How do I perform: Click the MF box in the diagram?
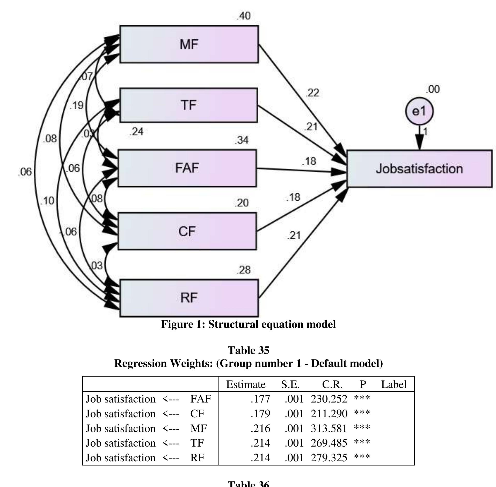(x=189, y=44)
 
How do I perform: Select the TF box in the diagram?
(x=188, y=105)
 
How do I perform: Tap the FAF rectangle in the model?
(x=187, y=168)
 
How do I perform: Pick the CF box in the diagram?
(x=187, y=231)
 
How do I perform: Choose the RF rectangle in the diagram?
(x=189, y=298)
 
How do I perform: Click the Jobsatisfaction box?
(x=419, y=169)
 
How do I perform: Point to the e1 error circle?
(x=419, y=111)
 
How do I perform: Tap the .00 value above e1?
(x=433, y=89)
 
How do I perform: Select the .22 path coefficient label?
(x=312, y=93)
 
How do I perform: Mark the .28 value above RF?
(x=243, y=270)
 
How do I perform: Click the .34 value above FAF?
(x=242, y=140)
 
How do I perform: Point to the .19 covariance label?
(x=77, y=105)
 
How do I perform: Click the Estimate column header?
(x=246, y=384)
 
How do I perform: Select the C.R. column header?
(x=332, y=384)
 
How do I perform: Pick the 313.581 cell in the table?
(x=329, y=428)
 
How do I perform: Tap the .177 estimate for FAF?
(x=260, y=399)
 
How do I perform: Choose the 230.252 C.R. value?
(x=329, y=399)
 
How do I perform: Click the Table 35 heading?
(x=248, y=350)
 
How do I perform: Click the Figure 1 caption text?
(x=248, y=324)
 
